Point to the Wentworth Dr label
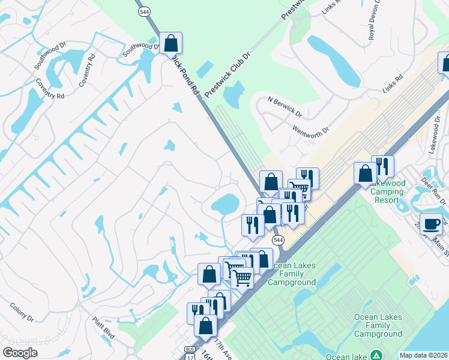tap(311, 130)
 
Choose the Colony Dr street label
tap(21, 312)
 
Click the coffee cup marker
tap(431, 223)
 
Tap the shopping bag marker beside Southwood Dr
tap(170, 43)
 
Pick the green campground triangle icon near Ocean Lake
tap(376, 355)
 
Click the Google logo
tap(19, 353)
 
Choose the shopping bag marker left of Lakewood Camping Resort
tap(365, 174)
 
